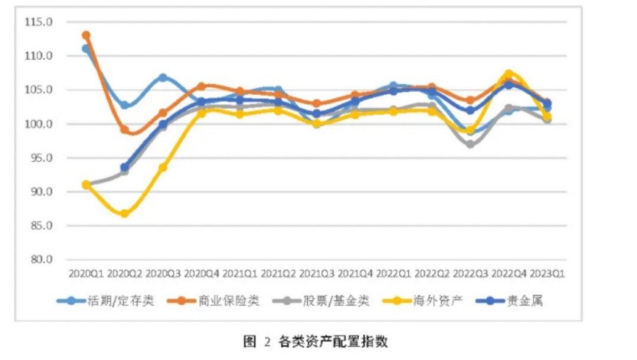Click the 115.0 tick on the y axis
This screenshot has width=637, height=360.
38,22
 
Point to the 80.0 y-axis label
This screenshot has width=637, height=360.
41,259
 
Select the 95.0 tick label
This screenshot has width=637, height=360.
41,158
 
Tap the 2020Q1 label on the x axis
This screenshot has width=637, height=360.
86,274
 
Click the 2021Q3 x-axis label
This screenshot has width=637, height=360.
317,274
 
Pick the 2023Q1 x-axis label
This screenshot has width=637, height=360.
547,274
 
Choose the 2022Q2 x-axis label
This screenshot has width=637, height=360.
432,274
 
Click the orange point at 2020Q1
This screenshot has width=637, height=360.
86,36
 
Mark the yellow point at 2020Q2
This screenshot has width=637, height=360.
124,213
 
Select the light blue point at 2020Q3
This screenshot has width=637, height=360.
163,77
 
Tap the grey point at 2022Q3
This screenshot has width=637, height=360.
471,144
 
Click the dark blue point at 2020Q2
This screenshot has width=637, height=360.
124,167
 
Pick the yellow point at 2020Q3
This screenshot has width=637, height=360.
163,168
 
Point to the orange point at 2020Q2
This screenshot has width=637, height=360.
124,130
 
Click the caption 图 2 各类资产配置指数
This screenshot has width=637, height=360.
316,342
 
